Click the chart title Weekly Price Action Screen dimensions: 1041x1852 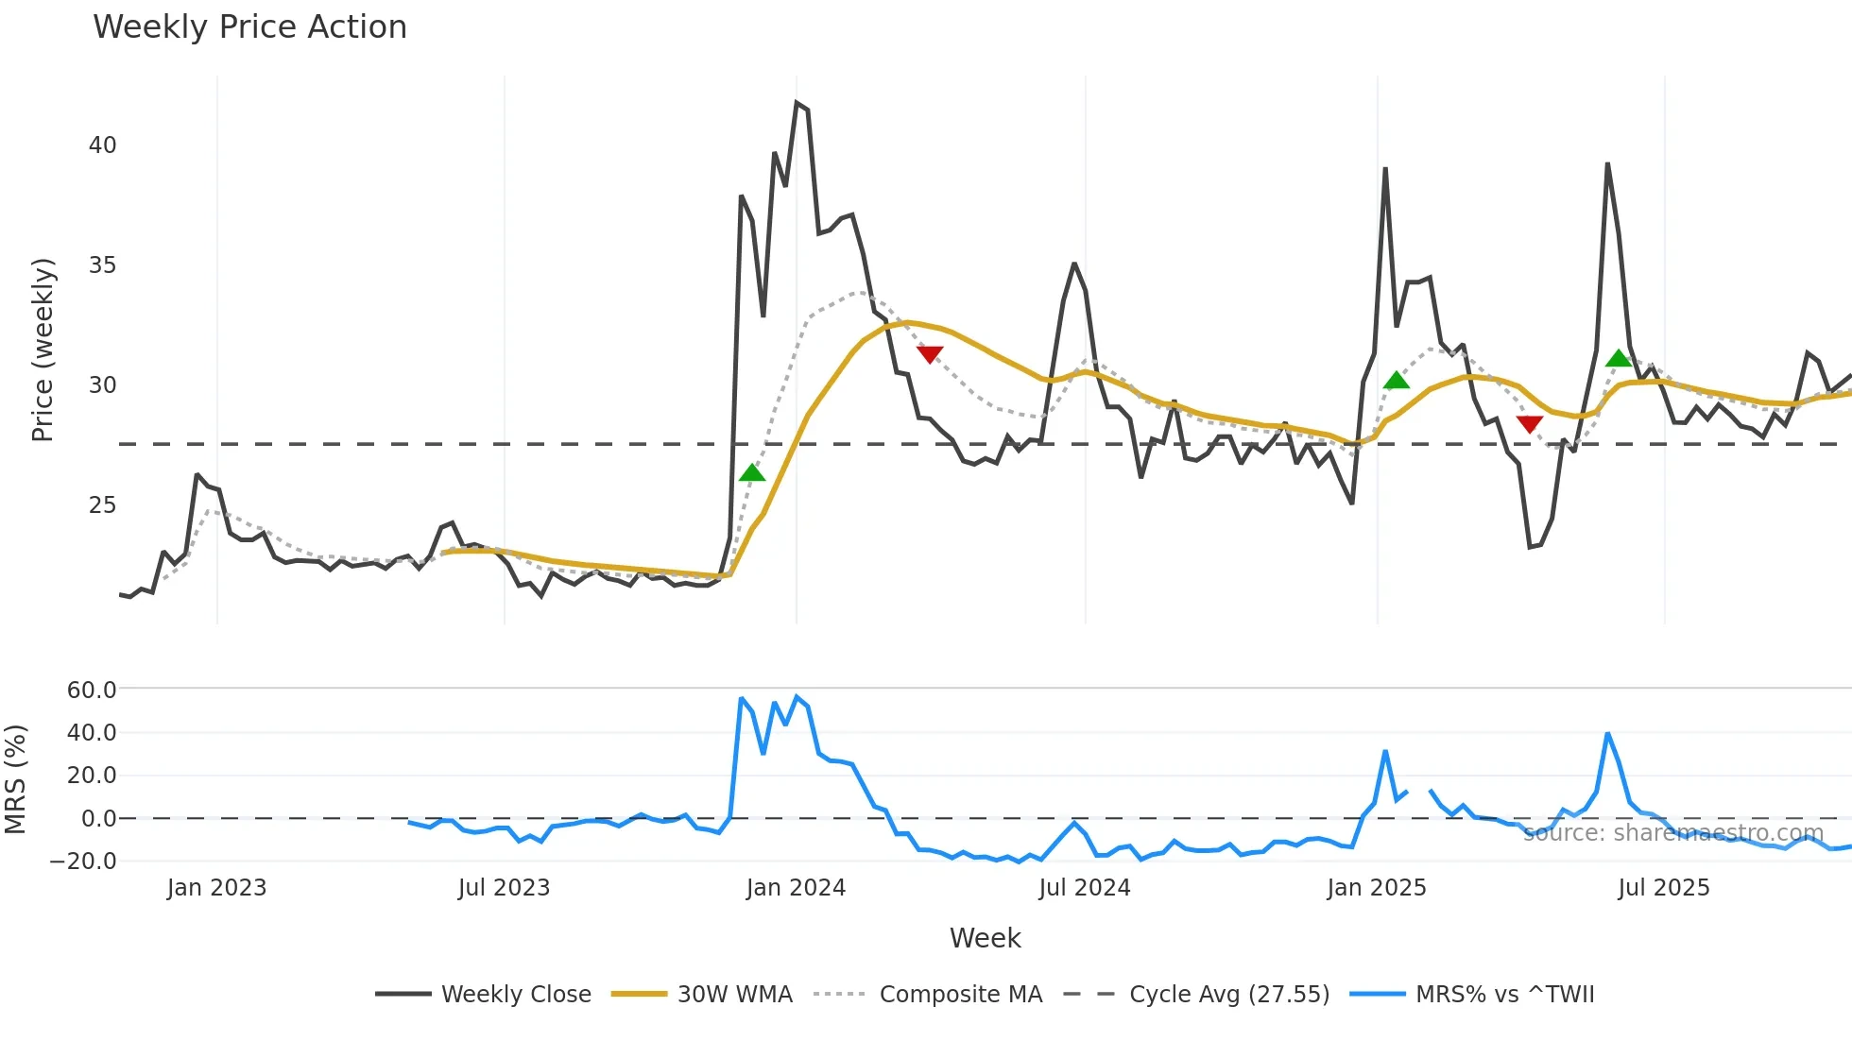tap(249, 27)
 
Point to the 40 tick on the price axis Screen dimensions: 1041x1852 tap(103, 145)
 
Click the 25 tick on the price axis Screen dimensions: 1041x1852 tap(103, 505)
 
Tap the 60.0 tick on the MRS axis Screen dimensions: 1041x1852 tap(92, 691)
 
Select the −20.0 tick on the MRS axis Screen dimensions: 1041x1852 tap(84, 862)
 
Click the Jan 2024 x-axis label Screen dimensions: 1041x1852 tap(796, 888)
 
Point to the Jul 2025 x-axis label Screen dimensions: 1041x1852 tap(1664, 888)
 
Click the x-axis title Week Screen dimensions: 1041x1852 tap(985, 938)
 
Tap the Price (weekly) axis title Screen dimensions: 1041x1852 tap(43, 350)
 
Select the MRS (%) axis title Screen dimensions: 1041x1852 tap(15, 779)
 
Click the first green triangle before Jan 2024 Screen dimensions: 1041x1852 tap(752, 472)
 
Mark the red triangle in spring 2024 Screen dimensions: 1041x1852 tap(930, 354)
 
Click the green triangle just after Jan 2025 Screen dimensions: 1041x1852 tap(1396, 380)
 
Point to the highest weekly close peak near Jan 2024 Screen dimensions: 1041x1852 tap(797, 103)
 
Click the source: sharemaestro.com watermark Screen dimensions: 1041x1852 tap(1672, 833)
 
